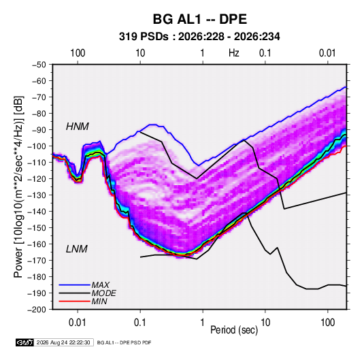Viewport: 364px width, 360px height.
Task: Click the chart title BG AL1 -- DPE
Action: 199,19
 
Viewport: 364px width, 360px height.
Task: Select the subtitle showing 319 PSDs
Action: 199,37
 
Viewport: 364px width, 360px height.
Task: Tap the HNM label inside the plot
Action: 78,127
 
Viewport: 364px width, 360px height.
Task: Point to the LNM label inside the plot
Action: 77,249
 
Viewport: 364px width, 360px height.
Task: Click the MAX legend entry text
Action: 100,284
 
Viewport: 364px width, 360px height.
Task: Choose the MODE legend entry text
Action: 104,293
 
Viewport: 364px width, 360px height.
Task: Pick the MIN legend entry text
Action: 99,301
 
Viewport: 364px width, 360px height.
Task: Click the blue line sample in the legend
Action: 74,284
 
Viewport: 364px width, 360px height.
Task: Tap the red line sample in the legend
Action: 74,301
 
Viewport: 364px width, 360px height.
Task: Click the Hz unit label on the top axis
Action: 234,53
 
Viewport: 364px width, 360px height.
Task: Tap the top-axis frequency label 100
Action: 78,53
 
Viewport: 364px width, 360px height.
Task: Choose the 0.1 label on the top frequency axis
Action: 265,53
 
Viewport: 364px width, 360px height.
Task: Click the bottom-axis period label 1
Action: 203,323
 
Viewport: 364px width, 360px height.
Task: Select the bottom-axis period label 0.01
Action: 78,323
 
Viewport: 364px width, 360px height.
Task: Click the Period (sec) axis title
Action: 234,330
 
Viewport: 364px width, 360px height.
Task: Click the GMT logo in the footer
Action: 24,342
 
